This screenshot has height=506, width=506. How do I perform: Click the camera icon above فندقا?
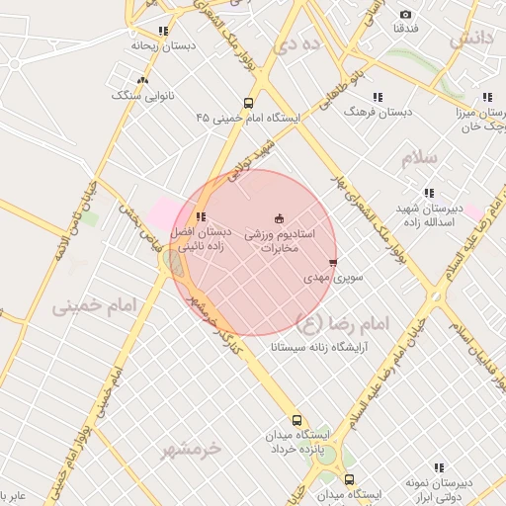click(x=405, y=14)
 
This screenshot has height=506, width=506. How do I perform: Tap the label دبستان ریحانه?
click(x=163, y=45)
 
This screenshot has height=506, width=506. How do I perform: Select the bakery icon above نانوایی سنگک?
click(x=143, y=80)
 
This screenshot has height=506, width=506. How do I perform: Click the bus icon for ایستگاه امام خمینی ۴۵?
click(x=247, y=103)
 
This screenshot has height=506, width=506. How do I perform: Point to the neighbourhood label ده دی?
click(x=297, y=43)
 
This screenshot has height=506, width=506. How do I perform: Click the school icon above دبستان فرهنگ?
click(x=377, y=97)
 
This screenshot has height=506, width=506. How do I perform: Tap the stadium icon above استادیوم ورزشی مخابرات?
click(x=278, y=217)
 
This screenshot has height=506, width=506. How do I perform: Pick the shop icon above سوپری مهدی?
click(x=333, y=263)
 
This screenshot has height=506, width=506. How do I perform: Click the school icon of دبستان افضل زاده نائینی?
click(x=201, y=216)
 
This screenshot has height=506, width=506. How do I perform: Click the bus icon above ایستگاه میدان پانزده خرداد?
click(x=295, y=419)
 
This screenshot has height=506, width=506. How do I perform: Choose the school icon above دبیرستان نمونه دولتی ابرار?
click(x=439, y=467)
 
